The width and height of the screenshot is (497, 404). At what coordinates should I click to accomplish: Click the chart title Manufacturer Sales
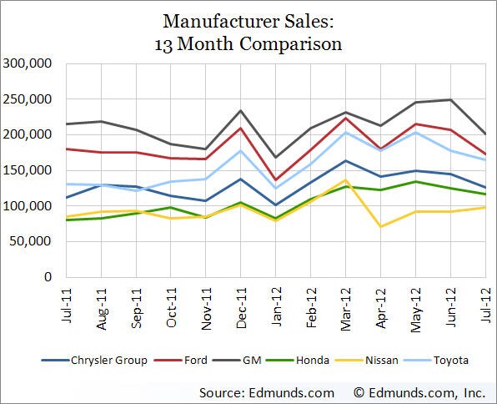248,19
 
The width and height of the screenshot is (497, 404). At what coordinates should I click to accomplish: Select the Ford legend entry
206,360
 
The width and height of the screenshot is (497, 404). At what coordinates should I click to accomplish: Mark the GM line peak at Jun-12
450,100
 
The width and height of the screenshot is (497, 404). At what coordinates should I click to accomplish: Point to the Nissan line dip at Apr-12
380,226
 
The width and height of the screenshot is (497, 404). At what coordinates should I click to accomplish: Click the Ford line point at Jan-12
275,179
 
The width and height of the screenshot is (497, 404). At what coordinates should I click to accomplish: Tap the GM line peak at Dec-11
240,110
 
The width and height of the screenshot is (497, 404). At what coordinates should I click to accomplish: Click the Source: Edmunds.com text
267,391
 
